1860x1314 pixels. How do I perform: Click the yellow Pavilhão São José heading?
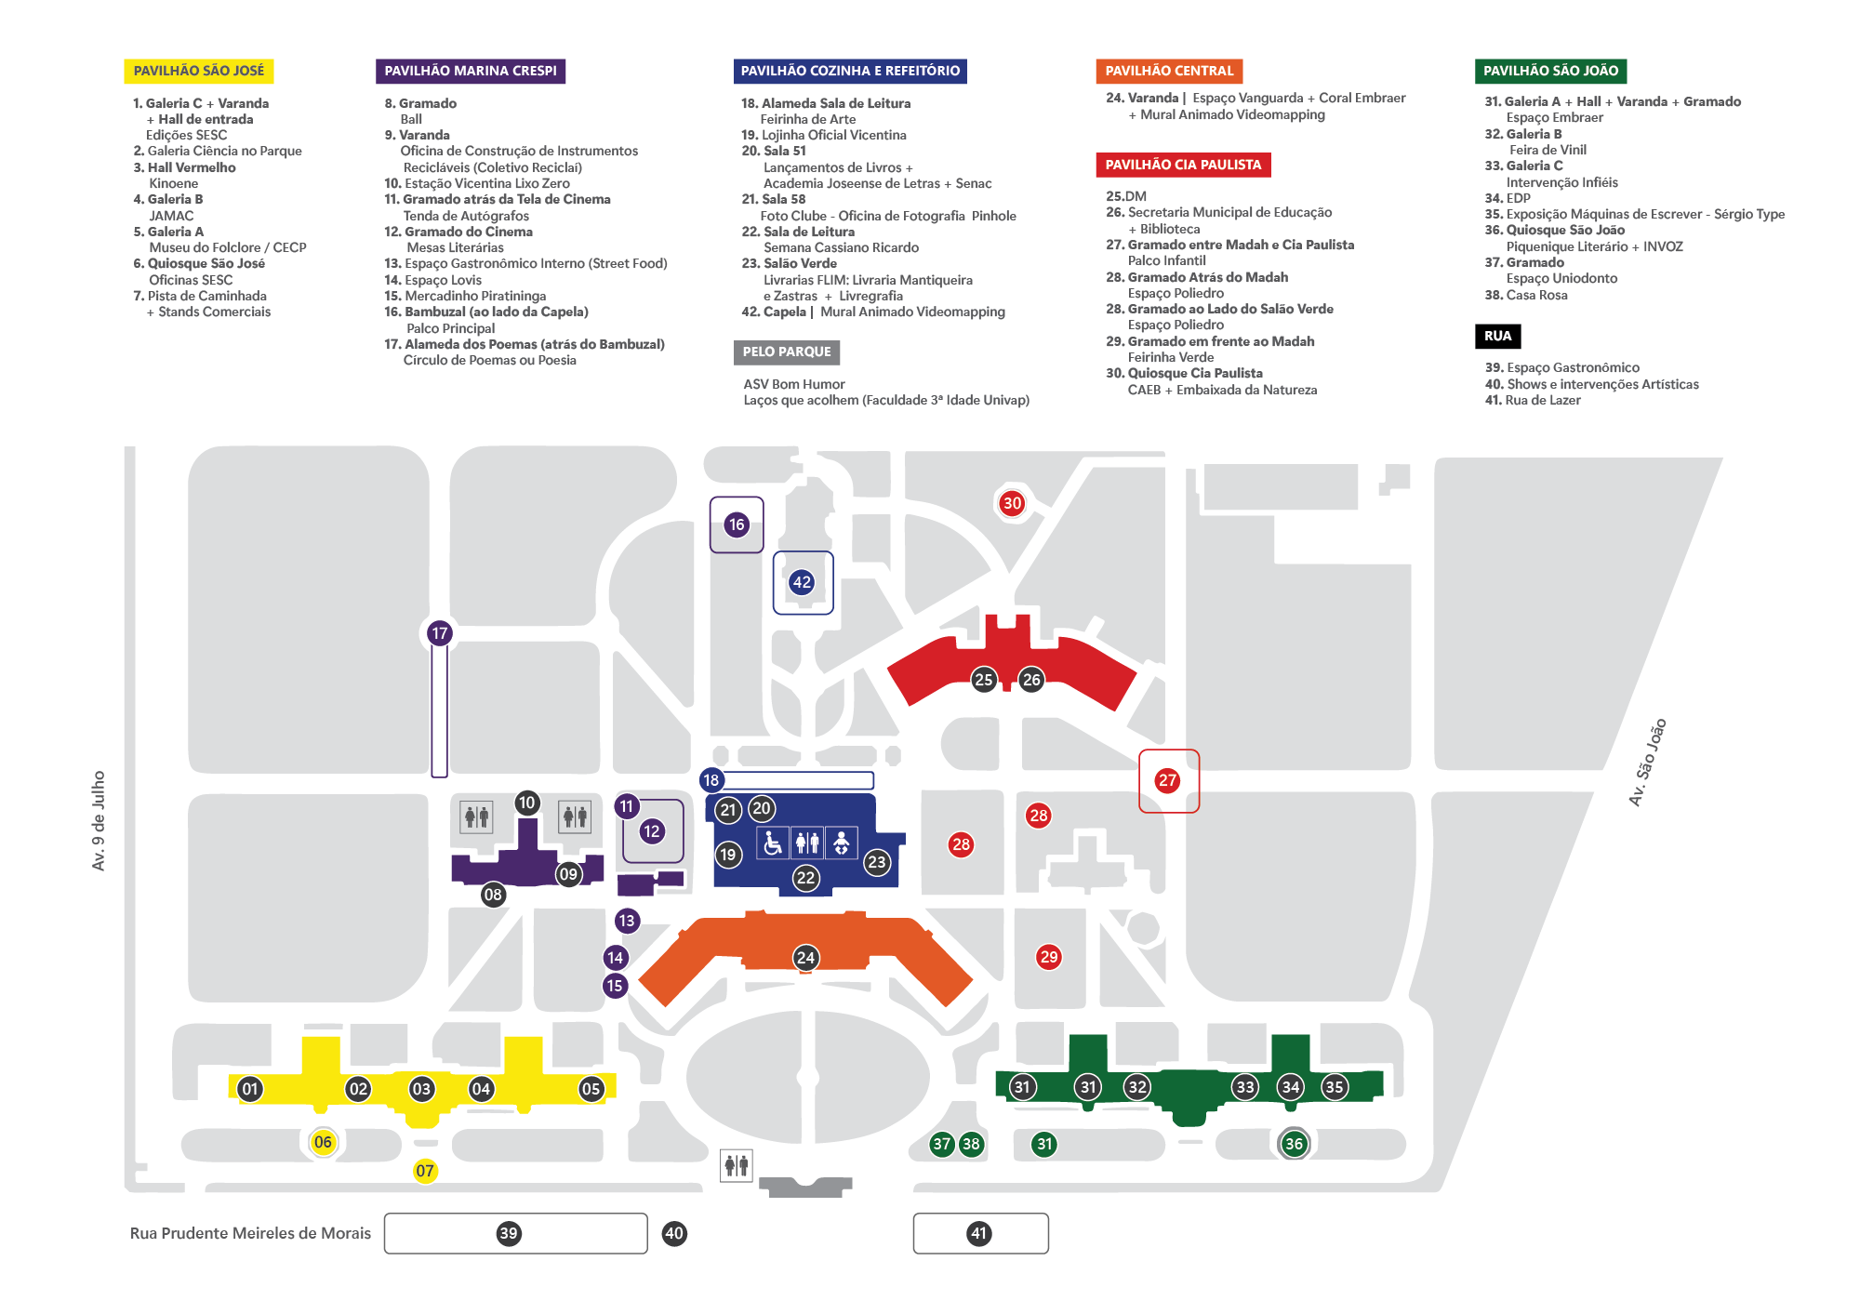coord(198,71)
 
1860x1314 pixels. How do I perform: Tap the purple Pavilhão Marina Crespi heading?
coord(470,71)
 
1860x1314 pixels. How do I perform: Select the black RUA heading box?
coord(1497,336)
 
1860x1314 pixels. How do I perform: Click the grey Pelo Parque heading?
coord(786,352)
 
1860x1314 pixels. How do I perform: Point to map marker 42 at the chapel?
coord(802,582)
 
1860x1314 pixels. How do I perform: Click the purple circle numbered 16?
coord(737,524)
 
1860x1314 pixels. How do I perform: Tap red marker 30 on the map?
coord(1012,503)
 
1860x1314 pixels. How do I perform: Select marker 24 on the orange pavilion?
coord(805,958)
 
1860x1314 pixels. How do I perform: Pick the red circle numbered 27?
coord(1167,780)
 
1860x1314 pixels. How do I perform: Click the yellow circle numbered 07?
coord(425,1171)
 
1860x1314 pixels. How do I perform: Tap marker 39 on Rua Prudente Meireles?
coord(508,1234)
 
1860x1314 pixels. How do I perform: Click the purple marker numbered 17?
coord(440,633)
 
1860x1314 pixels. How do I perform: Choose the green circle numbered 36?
coord(1294,1144)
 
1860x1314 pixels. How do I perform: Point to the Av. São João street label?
coord(1647,762)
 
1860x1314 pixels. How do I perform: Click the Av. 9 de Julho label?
coord(99,820)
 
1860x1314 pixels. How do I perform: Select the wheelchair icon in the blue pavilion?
coord(773,843)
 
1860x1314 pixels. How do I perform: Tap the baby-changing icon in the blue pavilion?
coord(841,843)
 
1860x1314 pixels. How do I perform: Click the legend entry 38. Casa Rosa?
coord(1526,295)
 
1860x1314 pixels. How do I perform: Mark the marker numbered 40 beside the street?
coord(674,1234)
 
